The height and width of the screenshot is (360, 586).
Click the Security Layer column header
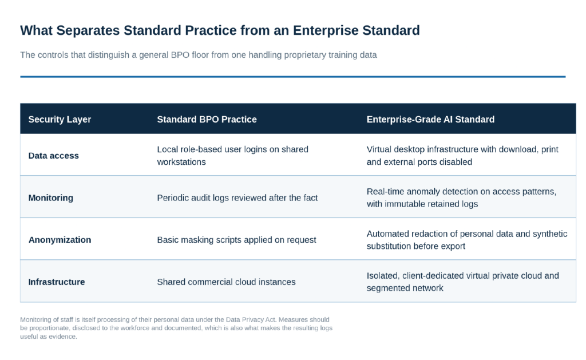click(60, 119)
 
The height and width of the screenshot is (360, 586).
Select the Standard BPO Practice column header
click(207, 119)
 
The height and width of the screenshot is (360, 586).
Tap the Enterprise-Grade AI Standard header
click(430, 119)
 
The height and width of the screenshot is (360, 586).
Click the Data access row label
click(53, 156)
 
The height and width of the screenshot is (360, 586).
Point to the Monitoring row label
click(51, 198)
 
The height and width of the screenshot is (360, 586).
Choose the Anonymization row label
click(60, 240)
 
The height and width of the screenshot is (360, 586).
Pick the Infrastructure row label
click(57, 282)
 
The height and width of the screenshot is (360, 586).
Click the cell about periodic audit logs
click(237, 198)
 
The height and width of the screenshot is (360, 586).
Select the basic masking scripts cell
click(236, 240)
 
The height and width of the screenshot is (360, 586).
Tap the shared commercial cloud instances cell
click(226, 282)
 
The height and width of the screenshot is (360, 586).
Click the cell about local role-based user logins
click(232, 156)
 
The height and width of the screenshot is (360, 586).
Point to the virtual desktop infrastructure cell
click(462, 156)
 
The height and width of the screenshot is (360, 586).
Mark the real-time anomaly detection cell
click(461, 198)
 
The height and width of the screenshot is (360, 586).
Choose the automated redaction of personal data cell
click(467, 240)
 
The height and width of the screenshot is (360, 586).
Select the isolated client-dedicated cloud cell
click(462, 282)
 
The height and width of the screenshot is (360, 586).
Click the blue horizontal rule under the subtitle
click(292, 77)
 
